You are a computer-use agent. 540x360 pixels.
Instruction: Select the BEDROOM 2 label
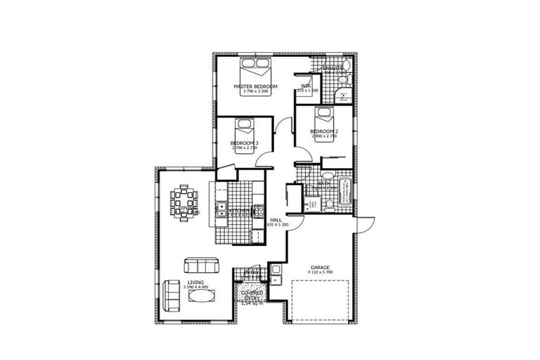(x=323, y=131)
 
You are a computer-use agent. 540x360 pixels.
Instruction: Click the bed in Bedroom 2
(x=325, y=115)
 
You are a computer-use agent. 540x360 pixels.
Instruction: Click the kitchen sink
(x=221, y=208)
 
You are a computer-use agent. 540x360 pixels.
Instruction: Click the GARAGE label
(x=321, y=267)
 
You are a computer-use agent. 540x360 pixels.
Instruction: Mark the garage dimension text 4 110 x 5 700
(x=321, y=274)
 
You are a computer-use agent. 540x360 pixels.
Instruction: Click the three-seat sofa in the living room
(x=199, y=265)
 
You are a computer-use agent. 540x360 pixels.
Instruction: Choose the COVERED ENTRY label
(x=251, y=295)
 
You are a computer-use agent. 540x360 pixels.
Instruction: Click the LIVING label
(x=195, y=282)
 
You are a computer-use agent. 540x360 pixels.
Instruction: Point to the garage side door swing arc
(x=365, y=224)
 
